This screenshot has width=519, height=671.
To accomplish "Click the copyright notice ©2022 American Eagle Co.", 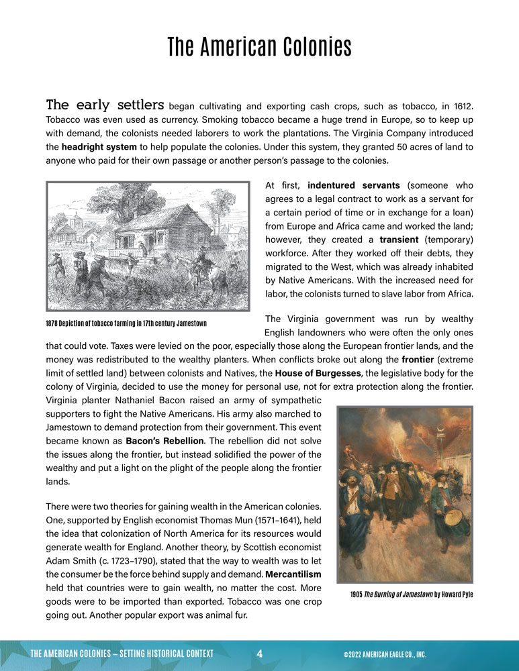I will coord(384,654).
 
